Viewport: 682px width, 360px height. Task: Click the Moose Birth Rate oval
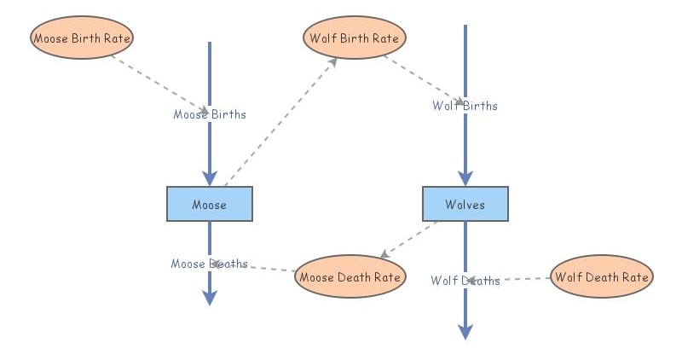coord(83,38)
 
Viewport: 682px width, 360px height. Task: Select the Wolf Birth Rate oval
coord(354,38)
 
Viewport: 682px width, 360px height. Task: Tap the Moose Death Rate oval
coord(350,276)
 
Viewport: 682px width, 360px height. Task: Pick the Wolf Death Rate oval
coord(601,276)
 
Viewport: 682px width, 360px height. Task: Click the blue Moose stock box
coord(209,205)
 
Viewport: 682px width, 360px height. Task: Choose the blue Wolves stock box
coord(465,205)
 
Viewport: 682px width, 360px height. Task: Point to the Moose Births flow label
coord(210,114)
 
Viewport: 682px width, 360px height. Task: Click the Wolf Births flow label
coord(465,106)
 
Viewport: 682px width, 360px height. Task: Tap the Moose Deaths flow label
coord(209,264)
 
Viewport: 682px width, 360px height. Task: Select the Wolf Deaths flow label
coord(465,281)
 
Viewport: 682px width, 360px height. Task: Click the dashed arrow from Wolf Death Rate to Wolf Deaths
coord(520,279)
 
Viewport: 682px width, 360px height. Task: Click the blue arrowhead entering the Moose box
coord(210,177)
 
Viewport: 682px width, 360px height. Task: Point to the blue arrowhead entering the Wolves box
coord(465,177)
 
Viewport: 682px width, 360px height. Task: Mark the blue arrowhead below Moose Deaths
coord(210,297)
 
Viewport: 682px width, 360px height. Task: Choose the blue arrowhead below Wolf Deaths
coord(465,331)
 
